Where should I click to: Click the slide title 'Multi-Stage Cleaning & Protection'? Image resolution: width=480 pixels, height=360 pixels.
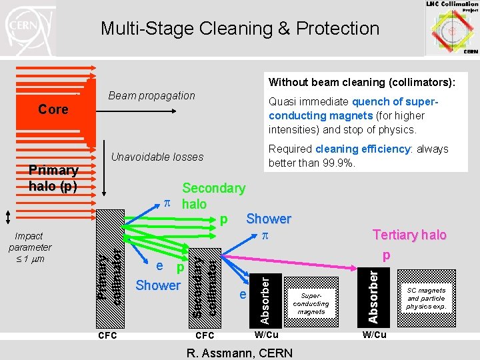(239, 29)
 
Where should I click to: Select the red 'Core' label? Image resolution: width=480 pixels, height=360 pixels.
(53, 109)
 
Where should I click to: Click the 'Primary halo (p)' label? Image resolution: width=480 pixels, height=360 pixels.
(53, 178)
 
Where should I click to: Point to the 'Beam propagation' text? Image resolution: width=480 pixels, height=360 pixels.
(151, 95)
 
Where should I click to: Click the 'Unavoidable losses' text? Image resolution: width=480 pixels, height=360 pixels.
(157, 157)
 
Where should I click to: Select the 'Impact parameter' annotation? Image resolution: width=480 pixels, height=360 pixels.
(29, 247)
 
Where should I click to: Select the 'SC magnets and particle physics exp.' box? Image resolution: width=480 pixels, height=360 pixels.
(426, 298)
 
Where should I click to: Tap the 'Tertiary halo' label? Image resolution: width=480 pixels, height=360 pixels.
(409, 235)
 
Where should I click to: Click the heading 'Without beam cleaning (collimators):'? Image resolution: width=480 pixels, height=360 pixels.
(362, 83)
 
